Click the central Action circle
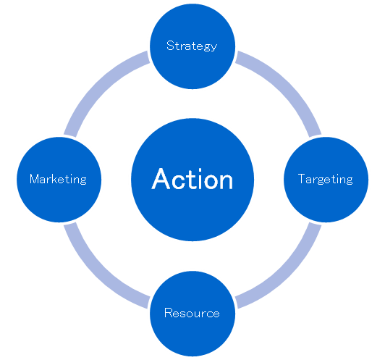click(192, 180)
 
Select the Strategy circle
click(192, 46)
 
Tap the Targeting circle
click(326, 180)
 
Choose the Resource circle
click(192, 314)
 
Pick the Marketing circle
click(59, 180)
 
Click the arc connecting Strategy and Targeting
click(287, 85)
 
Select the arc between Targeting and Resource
click(287, 275)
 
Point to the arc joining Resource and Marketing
click(98, 275)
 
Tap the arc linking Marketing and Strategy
click(98, 85)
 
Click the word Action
click(192, 179)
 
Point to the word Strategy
click(192, 46)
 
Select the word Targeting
click(326, 179)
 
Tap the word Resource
click(192, 313)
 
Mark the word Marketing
click(58, 179)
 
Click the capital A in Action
click(161, 179)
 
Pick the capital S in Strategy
click(170, 46)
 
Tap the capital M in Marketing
click(35, 179)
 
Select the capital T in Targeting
click(302, 179)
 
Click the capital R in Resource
click(169, 313)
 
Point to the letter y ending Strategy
click(214, 48)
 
